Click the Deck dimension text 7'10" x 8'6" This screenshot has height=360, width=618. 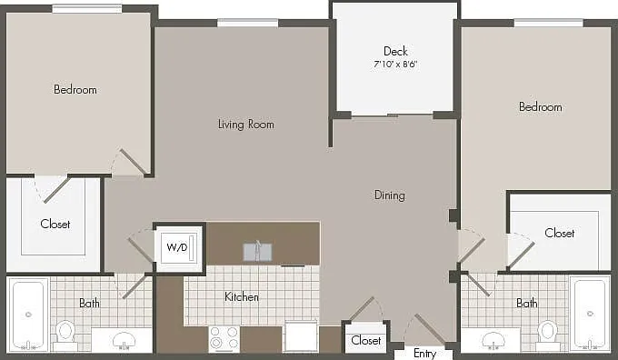pos(395,64)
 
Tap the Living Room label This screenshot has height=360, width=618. pos(246,125)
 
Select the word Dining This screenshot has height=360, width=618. pos(389,195)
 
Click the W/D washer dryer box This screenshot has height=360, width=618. pos(179,248)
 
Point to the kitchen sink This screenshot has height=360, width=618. pos(257,252)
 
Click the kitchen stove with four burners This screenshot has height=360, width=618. pos(224,338)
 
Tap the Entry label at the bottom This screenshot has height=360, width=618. pos(424,354)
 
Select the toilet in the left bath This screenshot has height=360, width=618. pos(65,334)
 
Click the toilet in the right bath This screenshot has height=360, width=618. pos(548,334)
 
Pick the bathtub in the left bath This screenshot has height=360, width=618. pos(28,315)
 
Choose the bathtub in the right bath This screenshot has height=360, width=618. pos(590,314)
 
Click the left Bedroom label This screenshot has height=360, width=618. pos(75,89)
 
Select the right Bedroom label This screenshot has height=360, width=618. pos(541,106)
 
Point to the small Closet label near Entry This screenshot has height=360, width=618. pos(365,340)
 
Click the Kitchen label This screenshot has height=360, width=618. pos(242,296)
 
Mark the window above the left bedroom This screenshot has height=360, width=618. pos(87,9)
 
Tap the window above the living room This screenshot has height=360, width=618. pos(247,23)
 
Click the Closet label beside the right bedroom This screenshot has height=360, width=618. pos(560,233)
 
